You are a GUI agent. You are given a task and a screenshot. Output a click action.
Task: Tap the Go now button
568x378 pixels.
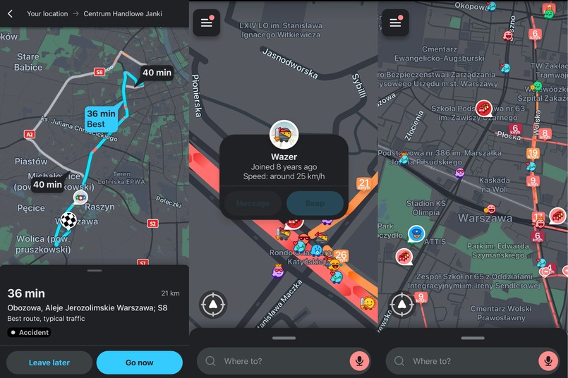[x=139, y=362]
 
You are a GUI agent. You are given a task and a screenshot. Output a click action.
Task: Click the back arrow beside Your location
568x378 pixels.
[x=10, y=13]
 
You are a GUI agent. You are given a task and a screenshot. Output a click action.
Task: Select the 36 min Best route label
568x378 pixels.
[x=100, y=118]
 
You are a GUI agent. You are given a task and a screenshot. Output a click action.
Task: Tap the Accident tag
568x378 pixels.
[x=29, y=332]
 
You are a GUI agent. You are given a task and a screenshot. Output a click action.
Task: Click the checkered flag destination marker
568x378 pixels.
[x=68, y=220]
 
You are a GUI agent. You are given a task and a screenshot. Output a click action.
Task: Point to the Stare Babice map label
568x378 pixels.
[x=28, y=62]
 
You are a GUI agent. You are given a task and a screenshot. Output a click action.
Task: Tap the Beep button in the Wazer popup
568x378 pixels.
[x=315, y=203]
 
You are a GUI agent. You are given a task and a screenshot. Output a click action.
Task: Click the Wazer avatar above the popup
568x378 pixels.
[x=284, y=135]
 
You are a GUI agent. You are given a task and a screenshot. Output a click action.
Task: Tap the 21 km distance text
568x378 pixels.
[x=171, y=293]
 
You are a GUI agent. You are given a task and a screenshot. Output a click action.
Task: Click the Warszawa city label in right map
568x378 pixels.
[x=484, y=218]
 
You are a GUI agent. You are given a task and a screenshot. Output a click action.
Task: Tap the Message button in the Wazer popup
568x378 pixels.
[x=253, y=203]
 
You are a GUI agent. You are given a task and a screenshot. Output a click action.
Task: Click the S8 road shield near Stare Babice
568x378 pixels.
[x=99, y=72]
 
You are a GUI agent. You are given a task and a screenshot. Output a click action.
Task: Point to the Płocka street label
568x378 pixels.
[x=509, y=135]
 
